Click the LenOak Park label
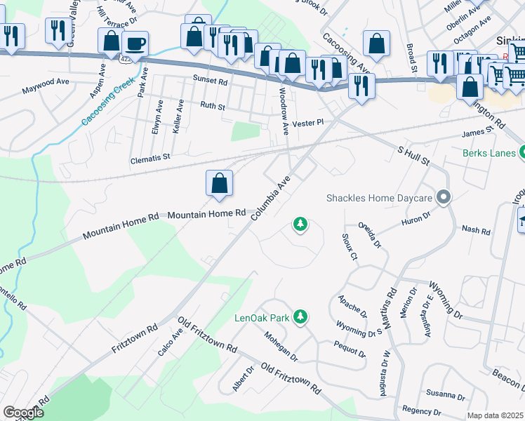[x=262, y=318]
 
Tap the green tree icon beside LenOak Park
[x=300, y=317]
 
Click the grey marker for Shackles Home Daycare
[x=443, y=198]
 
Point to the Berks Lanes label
[x=489, y=152]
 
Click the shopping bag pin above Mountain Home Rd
[x=220, y=183]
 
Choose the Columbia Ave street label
[x=271, y=198]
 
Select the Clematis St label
[x=150, y=159]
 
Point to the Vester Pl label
[x=307, y=122]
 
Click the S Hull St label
[x=413, y=156]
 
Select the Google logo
[x=24, y=413]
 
